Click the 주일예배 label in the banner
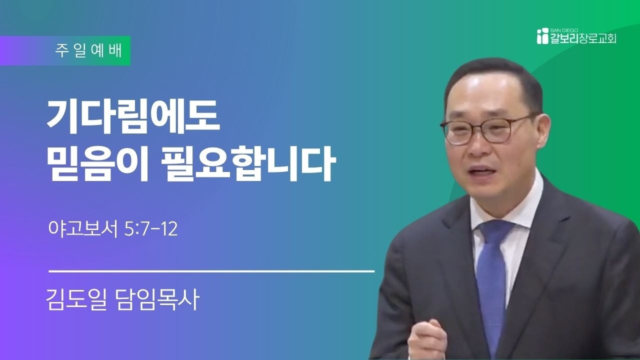coord(88,51)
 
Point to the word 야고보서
coord(83,229)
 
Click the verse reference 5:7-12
coord(151,229)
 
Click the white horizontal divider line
coord(211,271)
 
